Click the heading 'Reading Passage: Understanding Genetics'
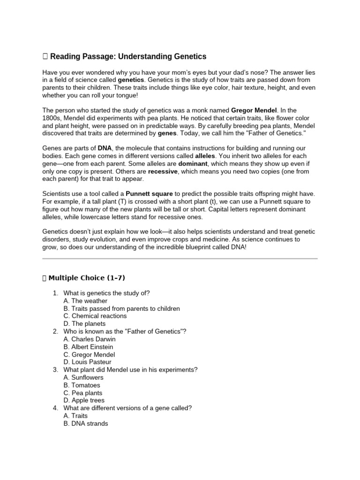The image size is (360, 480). coord(127,57)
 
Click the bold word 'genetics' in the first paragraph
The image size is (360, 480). coord(130,80)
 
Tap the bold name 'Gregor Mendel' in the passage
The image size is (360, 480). coord(254,111)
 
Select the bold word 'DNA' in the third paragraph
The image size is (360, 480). coord(105,148)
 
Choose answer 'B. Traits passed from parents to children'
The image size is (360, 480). coord(121,308)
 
